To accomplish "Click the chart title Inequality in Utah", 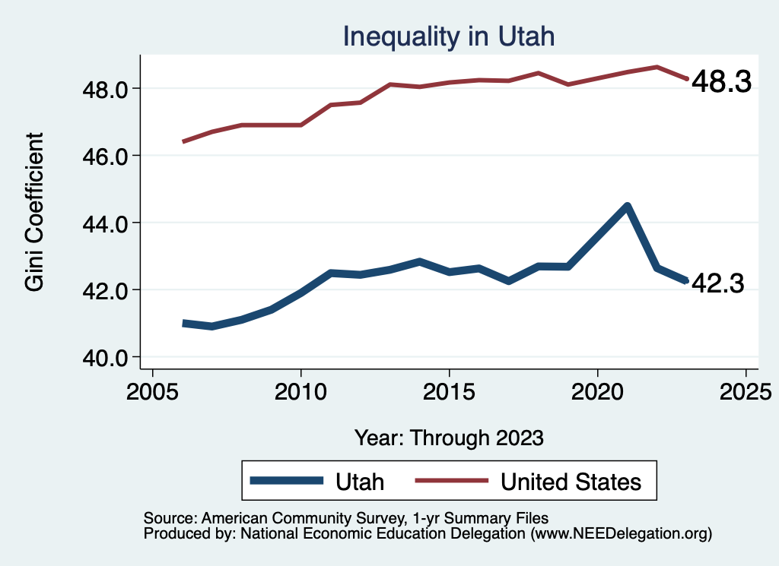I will click(x=449, y=36).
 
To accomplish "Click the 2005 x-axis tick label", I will click(x=153, y=394).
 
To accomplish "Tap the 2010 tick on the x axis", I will click(x=301, y=394).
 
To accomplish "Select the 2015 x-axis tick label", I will click(x=449, y=394).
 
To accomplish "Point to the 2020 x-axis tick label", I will click(x=597, y=394).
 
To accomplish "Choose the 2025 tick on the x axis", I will click(x=746, y=394).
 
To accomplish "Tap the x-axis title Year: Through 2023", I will click(x=449, y=438).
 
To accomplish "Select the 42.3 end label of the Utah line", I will click(x=717, y=283).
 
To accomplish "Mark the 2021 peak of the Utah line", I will click(x=627, y=206).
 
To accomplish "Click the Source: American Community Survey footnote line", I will click(x=346, y=519).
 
